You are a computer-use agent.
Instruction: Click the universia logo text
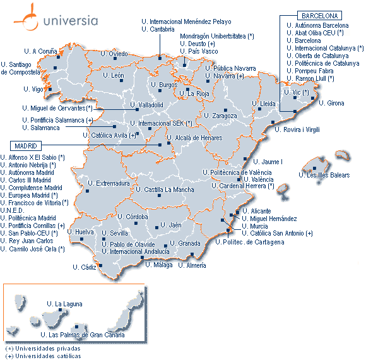[71, 20]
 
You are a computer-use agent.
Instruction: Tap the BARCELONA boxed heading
[320, 15]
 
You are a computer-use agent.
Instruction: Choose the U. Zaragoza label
[220, 116]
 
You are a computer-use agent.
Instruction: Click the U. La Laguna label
[65, 304]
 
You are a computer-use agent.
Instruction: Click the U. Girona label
[331, 103]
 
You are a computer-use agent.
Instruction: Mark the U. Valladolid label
[146, 105]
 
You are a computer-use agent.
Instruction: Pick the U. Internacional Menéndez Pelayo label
[186, 21]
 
